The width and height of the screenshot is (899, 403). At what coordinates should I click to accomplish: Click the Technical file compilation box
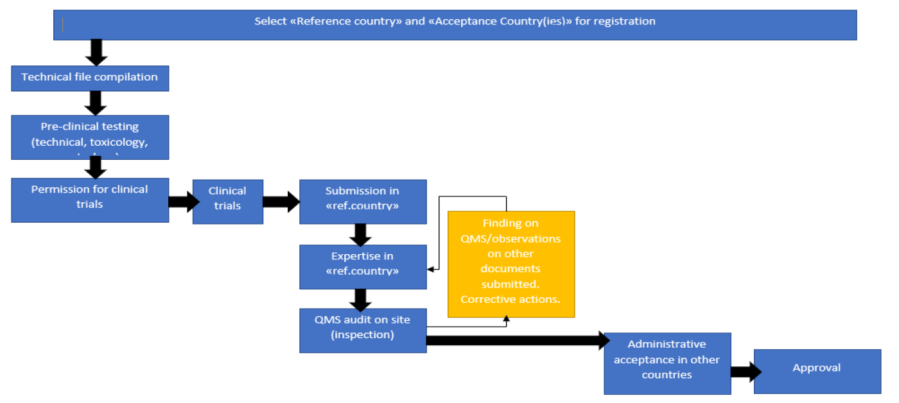pyautogui.click(x=90, y=78)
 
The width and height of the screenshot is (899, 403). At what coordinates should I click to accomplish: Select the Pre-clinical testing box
pyautogui.click(x=90, y=137)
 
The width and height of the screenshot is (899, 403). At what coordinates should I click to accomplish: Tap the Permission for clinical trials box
pyautogui.click(x=90, y=200)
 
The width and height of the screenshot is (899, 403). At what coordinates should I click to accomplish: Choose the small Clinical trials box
pyautogui.click(x=227, y=201)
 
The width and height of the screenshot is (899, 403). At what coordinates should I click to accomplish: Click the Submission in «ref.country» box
pyautogui.click(x=363, y=201)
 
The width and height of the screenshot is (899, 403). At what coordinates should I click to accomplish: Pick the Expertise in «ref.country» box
pyautogui.click(x=363, y=266)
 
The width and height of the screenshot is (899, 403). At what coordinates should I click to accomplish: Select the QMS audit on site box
pyautogui.click(x=363, y=330)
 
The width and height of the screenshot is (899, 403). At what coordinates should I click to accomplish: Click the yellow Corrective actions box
pyautogui.click(x=511, y=264)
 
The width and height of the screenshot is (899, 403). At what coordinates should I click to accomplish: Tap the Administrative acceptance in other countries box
pyautogui.click(x=667, y=363)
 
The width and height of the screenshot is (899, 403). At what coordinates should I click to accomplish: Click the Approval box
pyautogui.click(x=817, y=371)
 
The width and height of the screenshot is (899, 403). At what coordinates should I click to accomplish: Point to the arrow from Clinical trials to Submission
pyautogui.click(x=281, y=202)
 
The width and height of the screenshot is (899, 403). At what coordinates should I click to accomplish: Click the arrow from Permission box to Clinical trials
pyautogui.click(x=184, y=201)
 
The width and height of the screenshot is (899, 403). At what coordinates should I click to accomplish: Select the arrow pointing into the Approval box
pyautogui.click(x=745, y=372)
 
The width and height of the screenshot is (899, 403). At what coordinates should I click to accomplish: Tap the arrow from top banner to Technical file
pyautogui.click(x=96, y=53)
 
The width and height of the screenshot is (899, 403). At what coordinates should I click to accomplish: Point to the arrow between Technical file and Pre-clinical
pyautogui.click(x=96, y=103)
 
